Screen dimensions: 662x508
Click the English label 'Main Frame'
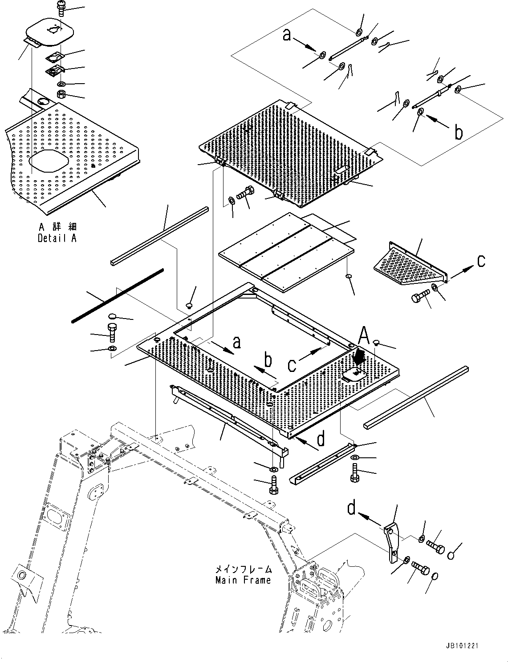pyautogui.click(x=243, y=580)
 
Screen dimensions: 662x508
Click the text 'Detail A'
pyautogui.click(x=57, y=238)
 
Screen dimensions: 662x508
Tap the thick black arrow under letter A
pyautogui.click(x=360, y=356)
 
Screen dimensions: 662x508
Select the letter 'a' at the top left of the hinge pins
pyautogui.click(x=287, y=35)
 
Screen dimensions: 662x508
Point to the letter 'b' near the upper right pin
pyautogui.click(x=458, y=132)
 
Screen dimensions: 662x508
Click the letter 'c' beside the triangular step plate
pyautogui.click(x=481, y=262)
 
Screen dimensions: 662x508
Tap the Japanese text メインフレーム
pyautogui.click(x=243, y=569)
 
